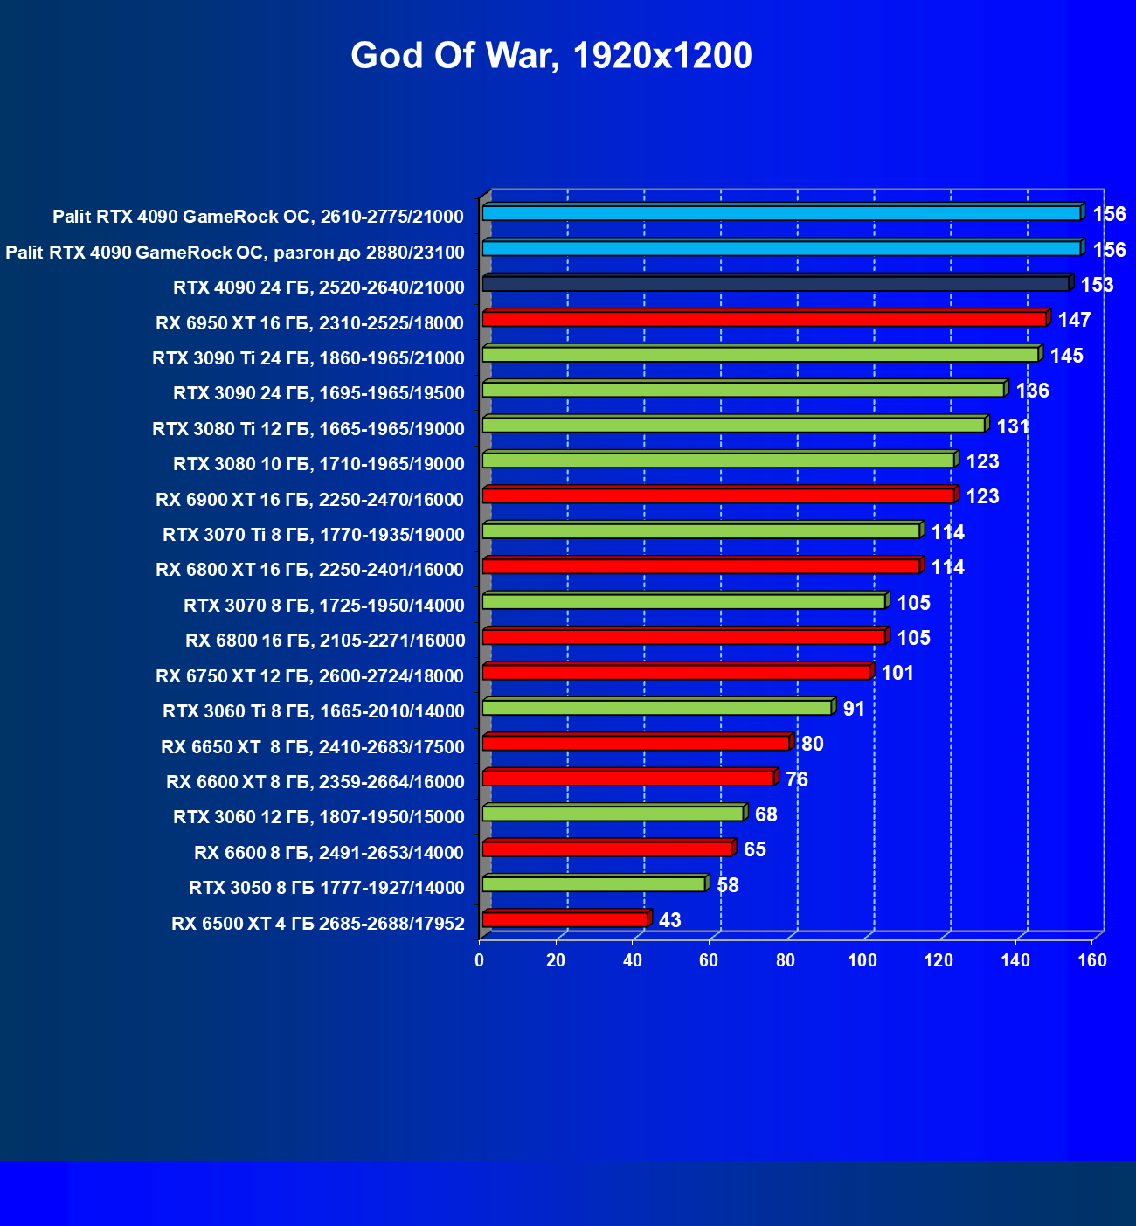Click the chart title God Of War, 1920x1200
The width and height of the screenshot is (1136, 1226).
pos(551,56)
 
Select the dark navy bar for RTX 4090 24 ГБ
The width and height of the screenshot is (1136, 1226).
pos(776,284)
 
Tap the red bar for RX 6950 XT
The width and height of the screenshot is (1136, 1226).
pos(765,319)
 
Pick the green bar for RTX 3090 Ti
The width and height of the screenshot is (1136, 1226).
pos(760,354)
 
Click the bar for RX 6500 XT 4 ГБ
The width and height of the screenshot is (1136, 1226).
pos(565,919)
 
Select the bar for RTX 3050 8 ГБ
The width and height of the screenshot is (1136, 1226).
pos(594,884)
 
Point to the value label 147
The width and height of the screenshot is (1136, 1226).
pos(1074,320)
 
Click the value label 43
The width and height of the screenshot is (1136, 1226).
pos(669,920)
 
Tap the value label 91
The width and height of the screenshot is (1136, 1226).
pos(854,709)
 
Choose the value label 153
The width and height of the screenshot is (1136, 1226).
pos(1097,285)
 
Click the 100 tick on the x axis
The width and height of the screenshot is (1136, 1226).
pos(862,961)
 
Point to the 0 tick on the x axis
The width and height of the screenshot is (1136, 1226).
pos(479,961)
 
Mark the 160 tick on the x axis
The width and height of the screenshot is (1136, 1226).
pos(1092,961)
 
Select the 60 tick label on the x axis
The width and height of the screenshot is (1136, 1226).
pos(709,961)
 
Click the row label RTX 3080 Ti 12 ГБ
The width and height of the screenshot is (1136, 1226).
pos(308,428)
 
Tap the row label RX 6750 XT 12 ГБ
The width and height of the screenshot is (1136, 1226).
pos(309,675)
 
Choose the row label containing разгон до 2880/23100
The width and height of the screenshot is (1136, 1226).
pos(235,253)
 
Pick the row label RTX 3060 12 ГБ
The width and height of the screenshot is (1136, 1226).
pos(319,817)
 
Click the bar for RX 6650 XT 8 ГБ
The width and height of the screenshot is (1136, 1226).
pos(636,743)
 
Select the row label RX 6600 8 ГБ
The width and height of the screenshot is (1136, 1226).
pos(329,852)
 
